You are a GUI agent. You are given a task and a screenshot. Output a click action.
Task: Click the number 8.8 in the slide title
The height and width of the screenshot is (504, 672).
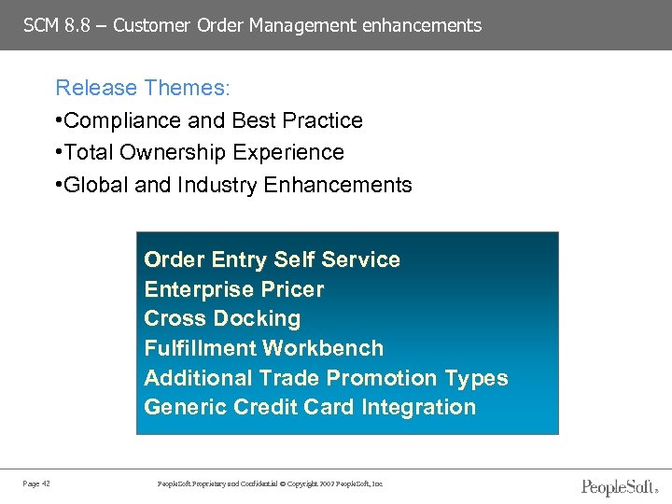tap(77, 25)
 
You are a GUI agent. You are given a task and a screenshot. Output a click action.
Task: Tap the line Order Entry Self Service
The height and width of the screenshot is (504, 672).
tap(272, 259)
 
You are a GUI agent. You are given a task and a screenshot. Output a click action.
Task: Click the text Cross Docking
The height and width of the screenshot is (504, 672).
tap(222, 318)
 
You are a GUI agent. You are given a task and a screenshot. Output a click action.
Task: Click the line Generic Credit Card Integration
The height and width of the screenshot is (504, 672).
tap(310, 407)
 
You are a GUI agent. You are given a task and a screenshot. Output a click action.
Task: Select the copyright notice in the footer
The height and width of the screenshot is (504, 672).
tap(270, 483)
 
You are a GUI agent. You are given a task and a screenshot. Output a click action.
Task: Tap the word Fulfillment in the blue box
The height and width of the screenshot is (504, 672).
tap(200, 348)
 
